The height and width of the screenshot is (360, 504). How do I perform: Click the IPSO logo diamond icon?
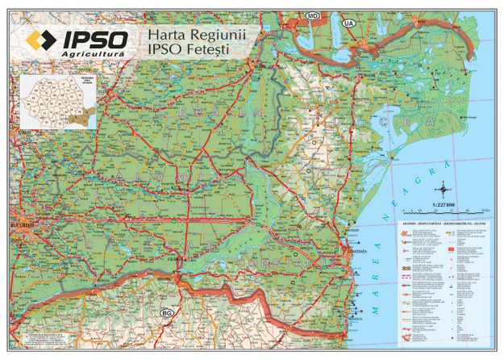tap(40, 40)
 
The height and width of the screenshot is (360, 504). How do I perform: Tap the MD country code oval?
tap(312, 15)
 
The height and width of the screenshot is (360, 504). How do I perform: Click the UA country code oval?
tap(349, 23)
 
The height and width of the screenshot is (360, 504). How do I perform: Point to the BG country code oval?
tap(168, 312)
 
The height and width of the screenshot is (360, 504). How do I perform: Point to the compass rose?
tap(442, 191)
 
